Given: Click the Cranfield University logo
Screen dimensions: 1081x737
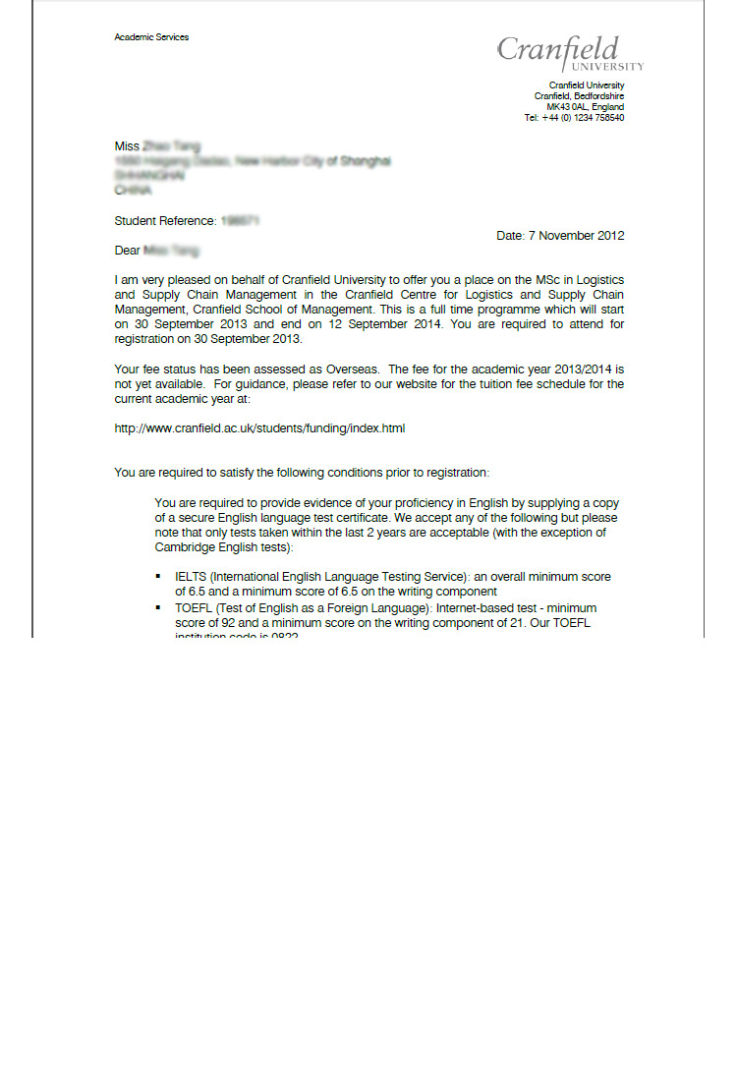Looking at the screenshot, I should (x=569, y=52).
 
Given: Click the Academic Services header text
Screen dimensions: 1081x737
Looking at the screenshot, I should (x=151, y=37).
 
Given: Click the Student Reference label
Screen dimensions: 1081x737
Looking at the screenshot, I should (x=165, y=221).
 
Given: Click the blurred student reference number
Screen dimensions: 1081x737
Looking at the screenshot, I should (x=240, y=221).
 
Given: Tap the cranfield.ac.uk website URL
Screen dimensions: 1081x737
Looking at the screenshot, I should (x=259, y=428).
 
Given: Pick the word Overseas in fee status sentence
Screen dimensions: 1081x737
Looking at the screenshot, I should (x=351, y=370).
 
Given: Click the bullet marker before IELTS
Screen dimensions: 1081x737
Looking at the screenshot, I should (x=158, y=577).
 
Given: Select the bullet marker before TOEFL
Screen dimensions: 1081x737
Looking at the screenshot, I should (x=158, y=608).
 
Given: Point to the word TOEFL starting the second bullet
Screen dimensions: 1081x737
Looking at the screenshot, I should (x=194, y=608).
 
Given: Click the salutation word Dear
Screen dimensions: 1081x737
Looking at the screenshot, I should (x=127, y=251).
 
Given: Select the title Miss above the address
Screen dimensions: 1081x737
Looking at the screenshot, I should (x=127, y=146).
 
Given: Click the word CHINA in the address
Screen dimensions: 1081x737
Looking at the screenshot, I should (x=133, y=191).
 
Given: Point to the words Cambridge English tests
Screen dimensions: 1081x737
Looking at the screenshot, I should (x=220, y=547).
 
